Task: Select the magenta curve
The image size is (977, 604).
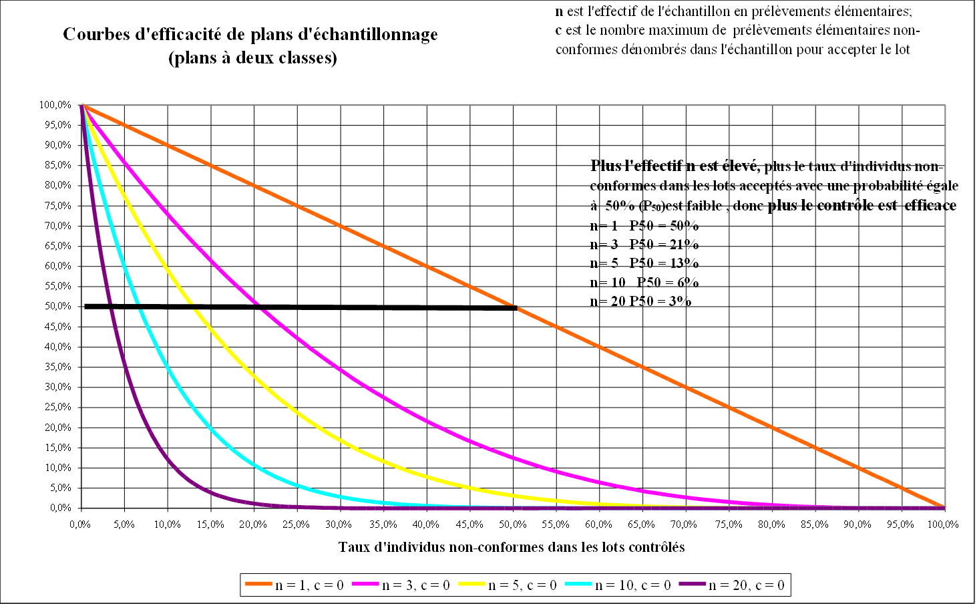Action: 401,408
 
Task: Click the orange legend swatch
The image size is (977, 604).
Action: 259,583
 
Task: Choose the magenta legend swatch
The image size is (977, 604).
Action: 365,583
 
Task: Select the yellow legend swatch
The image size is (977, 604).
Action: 471,583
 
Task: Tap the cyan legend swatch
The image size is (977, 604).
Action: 578,583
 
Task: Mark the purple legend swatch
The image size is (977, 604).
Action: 693,583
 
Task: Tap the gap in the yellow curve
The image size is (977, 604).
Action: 194,307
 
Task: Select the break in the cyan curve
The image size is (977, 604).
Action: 138,307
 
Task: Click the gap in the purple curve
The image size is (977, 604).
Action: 110,307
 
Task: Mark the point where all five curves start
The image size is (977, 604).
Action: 82,105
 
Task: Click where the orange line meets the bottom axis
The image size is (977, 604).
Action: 944,507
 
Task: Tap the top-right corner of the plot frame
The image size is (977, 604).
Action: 946,105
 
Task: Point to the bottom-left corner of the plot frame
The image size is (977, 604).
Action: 81,508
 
